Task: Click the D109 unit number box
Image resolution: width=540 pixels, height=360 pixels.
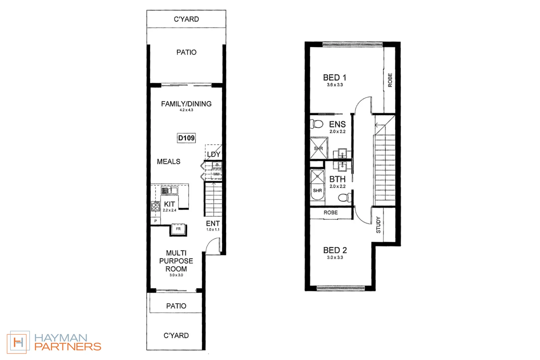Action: [x=186, y=138]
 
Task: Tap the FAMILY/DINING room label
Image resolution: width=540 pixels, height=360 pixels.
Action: [x=186, y=104]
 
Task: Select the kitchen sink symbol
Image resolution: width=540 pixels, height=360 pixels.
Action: [x=169, y=191]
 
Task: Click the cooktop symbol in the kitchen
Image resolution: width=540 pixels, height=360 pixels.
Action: [x=156, y=206]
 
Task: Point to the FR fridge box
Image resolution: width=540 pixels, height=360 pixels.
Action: [x=178, y=229]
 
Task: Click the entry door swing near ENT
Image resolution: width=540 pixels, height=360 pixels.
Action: [x=213, y=246]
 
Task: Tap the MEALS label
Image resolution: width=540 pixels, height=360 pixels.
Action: [x=168, y=162]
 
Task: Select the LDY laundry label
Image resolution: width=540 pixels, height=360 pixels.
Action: [x=213, y=154]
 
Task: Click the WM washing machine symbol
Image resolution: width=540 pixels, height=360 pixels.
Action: [x=216, y=174]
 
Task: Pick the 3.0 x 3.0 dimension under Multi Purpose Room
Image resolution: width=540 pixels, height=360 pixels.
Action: [x=176, y=275]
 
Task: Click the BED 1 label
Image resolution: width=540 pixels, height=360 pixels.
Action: [x=334, y=78]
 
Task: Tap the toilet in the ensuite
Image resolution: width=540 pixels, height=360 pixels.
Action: [x=317, y=124]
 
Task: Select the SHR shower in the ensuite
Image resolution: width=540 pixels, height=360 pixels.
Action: [x=318, y=148]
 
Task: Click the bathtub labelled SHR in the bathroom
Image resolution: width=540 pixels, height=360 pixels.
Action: [x=317, y=185]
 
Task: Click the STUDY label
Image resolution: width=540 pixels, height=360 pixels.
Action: [x=378, y=225]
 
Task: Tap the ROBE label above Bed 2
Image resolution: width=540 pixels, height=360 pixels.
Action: [x=330, y=213]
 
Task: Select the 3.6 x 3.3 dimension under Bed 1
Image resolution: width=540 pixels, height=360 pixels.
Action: [x=335, y=85]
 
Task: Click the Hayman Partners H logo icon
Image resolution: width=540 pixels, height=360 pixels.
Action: [x=18, y=342]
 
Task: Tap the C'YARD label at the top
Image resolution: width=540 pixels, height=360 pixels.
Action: [x=186, y=19]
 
